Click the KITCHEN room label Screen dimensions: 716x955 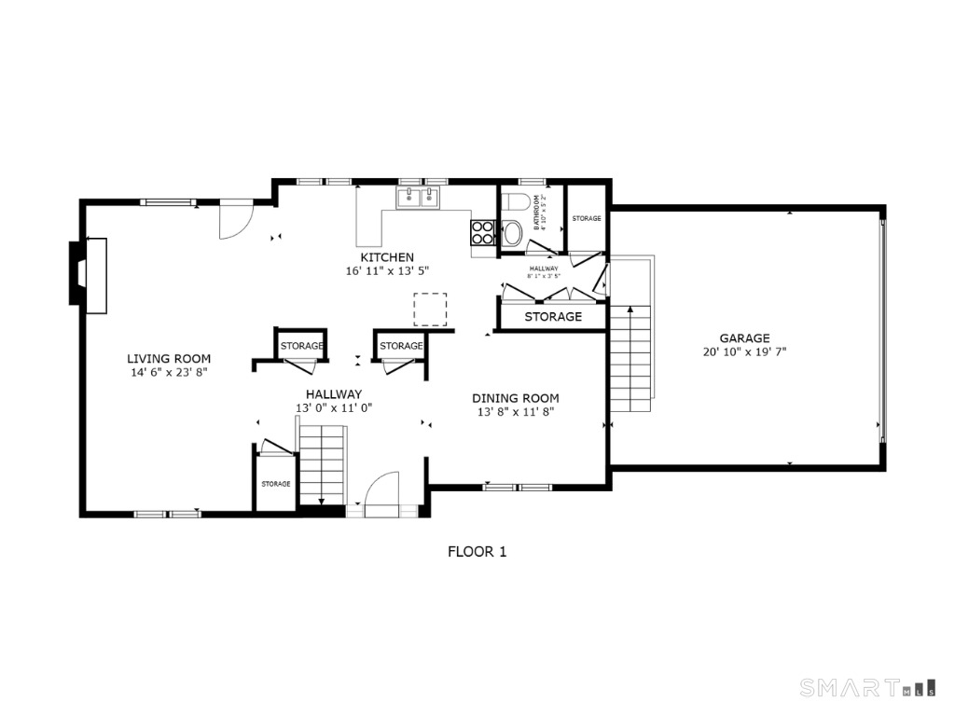(387, 257)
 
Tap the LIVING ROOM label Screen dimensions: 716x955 (169, 358)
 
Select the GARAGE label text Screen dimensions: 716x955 (744, 338)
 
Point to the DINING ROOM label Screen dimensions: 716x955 (516, 398)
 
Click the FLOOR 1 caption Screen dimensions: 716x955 (477, 552)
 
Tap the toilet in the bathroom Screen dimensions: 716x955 (516, 202)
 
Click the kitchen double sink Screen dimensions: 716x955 (418, 197)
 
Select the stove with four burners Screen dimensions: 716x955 (482, 232)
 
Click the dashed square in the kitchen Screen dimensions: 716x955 (430, 309)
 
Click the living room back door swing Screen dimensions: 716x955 (235, 220)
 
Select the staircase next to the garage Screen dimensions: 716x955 (630, 358)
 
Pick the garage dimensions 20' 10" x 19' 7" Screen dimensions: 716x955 (744, 352)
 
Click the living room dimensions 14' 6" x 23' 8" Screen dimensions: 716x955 (169, 372)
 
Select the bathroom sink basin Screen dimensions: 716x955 (512, 233)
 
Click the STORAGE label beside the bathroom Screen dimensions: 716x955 (587, 218)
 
